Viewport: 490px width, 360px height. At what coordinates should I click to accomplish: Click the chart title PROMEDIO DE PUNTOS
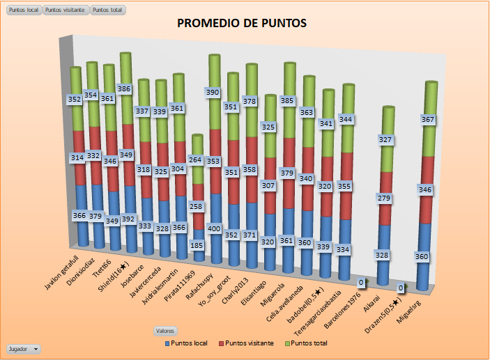point(242,23)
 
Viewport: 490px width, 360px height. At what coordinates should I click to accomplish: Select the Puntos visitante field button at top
point(66,11)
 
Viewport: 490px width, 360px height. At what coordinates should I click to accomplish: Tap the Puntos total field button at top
point(108,11)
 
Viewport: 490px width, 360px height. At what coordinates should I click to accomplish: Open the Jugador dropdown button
point(23,347)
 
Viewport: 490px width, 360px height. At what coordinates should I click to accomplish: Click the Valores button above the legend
point(165,331)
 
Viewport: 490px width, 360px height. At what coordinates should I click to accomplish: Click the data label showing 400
point(216,228)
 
